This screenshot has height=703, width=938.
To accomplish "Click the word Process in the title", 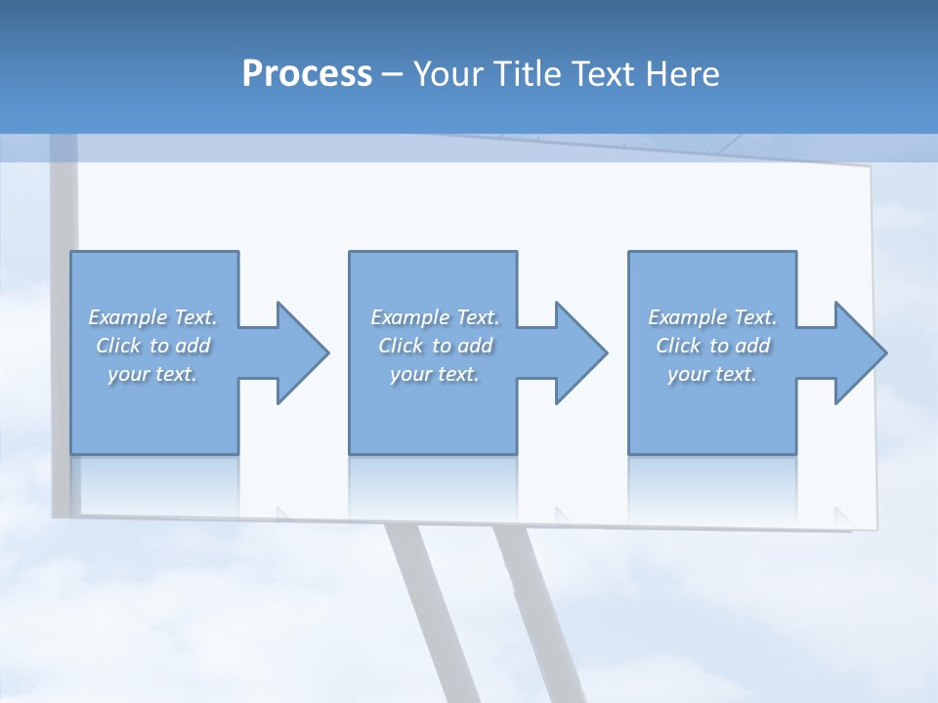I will pyautogui.click(x=307, y=74).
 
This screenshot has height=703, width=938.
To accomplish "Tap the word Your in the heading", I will pyautogui.click(x=451, y=74).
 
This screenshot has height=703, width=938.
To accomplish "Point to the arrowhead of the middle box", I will pyautogui.click(x=579, y=352).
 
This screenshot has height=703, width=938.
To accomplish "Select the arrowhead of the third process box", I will pyautogui.click(x=859, y=352).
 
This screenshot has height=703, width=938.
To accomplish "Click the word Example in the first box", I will pyautogui.click(x=128, y=317).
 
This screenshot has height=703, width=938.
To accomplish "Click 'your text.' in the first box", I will pyautogui.click(x=152, y=374).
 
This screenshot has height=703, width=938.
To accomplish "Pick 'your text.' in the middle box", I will pyautogui.click(x=435, y=374).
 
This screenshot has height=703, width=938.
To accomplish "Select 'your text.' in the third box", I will pyautogui.click(x=712, y=374).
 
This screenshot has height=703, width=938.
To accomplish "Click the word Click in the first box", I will pyautogui.click(x=118, y=346).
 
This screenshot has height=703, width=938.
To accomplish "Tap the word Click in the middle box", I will pyautogui.click(x=401, y=346).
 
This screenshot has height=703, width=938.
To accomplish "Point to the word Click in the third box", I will pyautogui.click(x=678, y=346).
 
